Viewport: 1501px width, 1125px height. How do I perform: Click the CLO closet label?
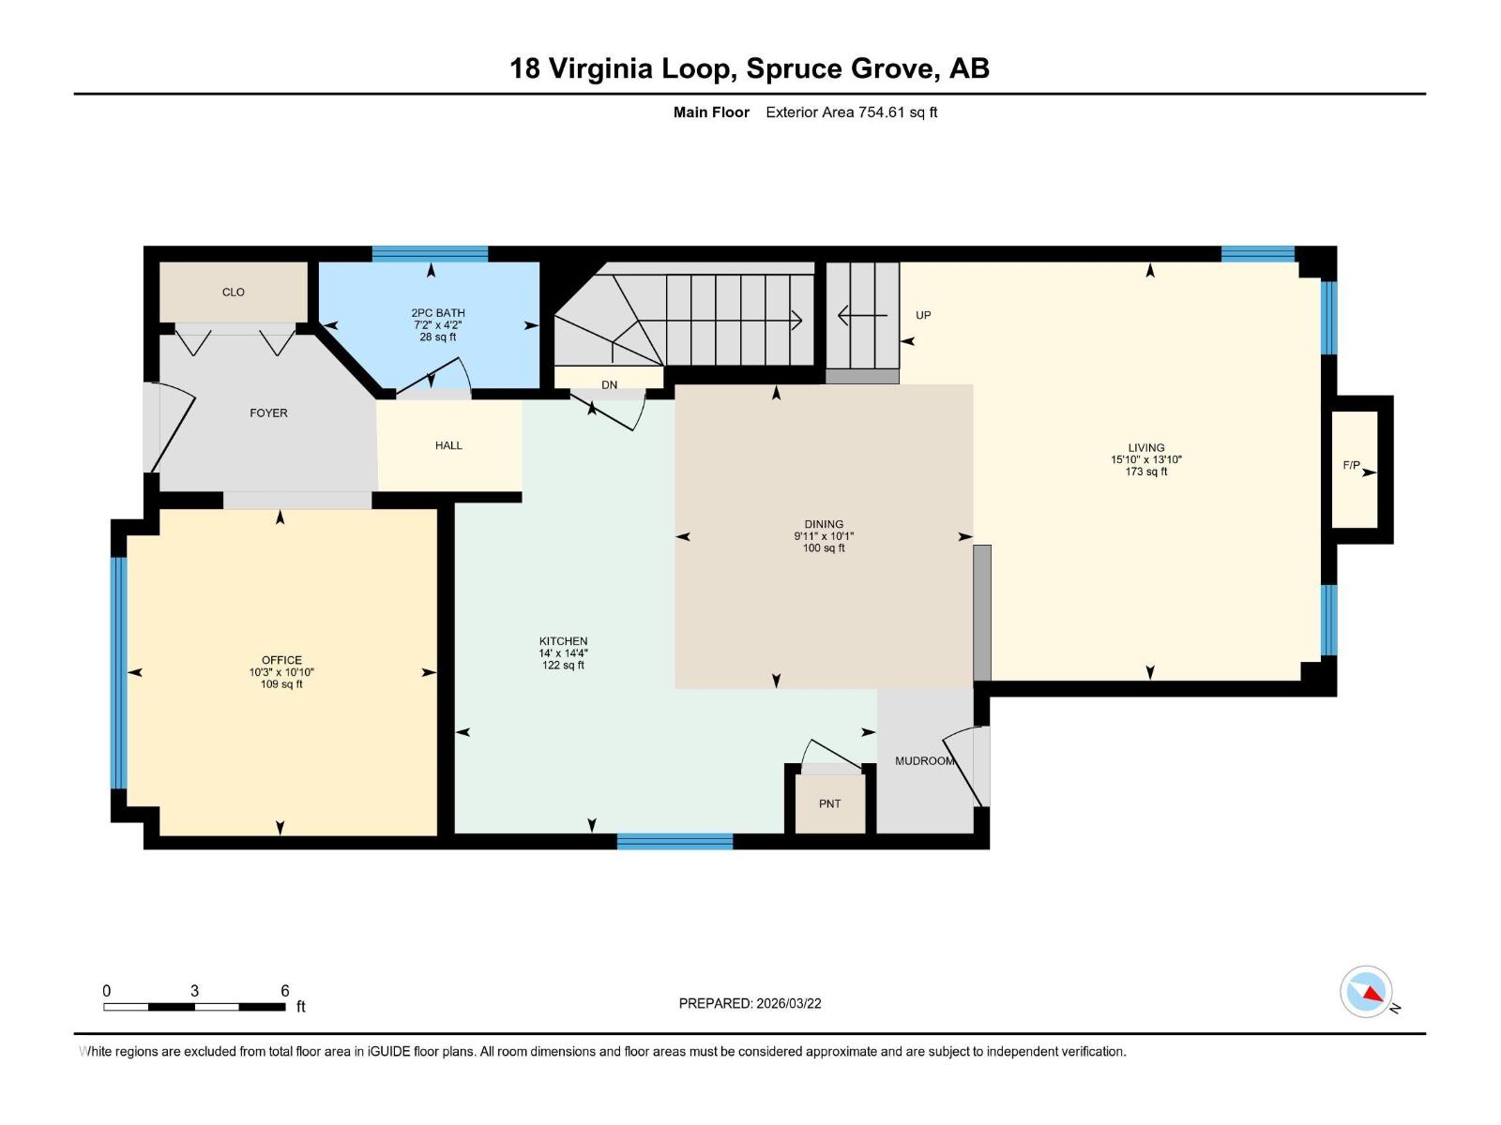(234, 292)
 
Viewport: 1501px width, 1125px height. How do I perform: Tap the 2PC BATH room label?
(438, 313)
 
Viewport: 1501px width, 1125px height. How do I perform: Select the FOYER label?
(268, 413)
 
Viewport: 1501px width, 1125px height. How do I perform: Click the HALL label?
(448, 446)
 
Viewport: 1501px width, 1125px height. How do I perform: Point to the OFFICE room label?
(281, 661)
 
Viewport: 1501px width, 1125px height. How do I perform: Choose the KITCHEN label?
(564, 641)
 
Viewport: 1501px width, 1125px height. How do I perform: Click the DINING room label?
(824, 525)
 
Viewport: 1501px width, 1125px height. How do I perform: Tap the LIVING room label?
(1146, 448)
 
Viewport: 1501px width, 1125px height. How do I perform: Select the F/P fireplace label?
(1351, 466)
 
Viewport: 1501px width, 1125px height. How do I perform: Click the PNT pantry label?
(829, 804)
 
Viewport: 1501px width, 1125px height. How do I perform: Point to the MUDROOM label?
(925, 761)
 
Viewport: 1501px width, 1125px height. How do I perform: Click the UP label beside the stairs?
(923, 316)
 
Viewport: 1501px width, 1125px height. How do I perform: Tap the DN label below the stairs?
(609, 385)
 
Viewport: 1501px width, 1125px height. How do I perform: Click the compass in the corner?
(1366, 992)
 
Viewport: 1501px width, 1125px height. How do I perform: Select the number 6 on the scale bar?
(285, 991)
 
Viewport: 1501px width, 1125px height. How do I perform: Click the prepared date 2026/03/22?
(788, 1003)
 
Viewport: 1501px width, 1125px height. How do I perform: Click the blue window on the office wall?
(119, 673)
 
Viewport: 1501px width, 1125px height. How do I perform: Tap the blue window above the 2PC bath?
(430, 254)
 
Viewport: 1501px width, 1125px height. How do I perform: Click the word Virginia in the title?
(600, 69)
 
